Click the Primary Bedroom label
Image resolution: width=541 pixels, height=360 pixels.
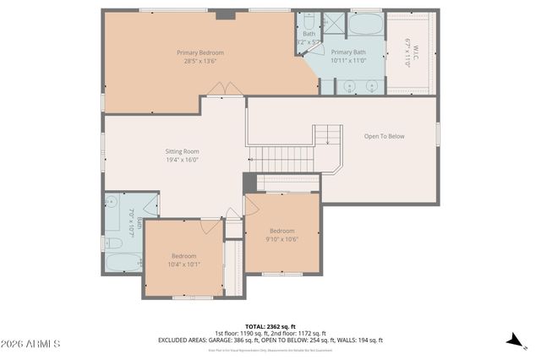click(x=200, y=52)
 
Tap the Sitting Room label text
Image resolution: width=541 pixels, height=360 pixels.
click(x=182, y=151)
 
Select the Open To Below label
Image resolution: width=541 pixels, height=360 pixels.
click(x=384, y=136)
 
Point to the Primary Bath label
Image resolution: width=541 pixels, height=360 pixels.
click(x=348, y=52)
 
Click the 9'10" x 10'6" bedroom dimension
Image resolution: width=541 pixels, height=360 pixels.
click(x=282, y=239)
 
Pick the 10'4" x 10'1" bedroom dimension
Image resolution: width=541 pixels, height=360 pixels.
click(x=184, y=265)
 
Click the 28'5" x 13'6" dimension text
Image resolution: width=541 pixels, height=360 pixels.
click(x=200, y=61)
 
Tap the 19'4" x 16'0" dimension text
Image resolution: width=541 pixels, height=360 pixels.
click(x=182, y=160)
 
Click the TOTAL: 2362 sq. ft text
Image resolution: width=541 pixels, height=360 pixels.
click(x=270, y=326)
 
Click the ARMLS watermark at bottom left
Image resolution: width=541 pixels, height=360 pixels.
click(x=30, y=344)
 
